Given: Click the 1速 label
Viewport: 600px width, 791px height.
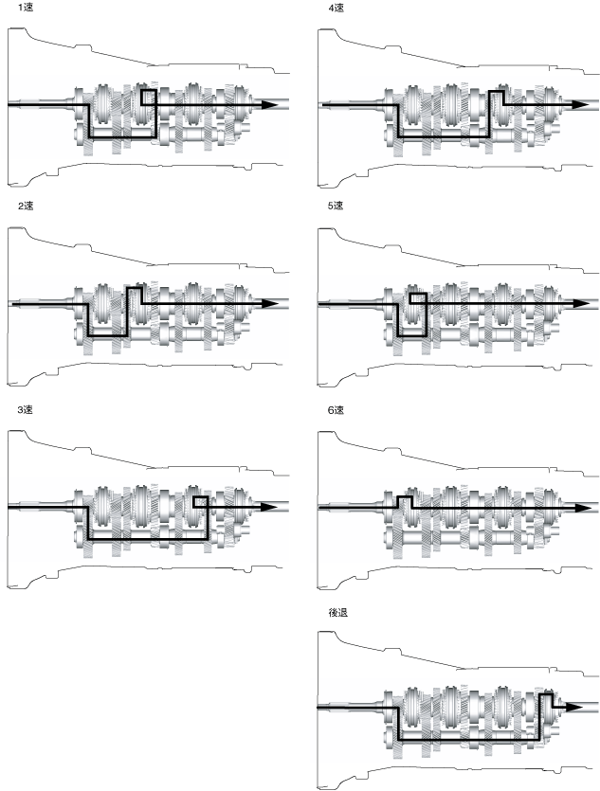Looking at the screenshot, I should (x=12, y=8).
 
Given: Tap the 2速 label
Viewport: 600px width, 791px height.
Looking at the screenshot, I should (x=12, y=206).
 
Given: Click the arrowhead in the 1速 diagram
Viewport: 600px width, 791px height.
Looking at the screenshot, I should (x=272, y=103).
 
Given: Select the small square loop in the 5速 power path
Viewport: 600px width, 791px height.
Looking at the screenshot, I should (x=418, y=299).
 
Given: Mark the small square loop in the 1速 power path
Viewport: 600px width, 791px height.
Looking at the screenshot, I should (x=147, y=97).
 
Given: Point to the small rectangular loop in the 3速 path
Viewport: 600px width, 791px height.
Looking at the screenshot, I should (x=199, y=502).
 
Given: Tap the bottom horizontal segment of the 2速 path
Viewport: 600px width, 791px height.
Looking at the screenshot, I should (x=106, y=335).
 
